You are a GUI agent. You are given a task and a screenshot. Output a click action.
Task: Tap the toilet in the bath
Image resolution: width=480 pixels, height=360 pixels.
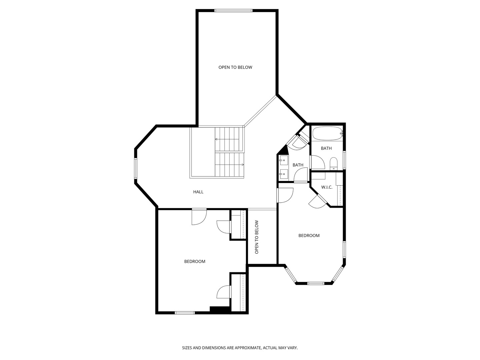(x=333, y=163)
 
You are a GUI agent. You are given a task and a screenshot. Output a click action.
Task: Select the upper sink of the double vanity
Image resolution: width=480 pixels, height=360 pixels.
(x=284, y=160)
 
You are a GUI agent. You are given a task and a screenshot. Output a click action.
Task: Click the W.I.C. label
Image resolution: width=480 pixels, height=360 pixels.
(x=327, y=187)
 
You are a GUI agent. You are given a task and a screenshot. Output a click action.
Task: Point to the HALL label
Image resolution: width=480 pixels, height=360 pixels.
(x=198, y=192)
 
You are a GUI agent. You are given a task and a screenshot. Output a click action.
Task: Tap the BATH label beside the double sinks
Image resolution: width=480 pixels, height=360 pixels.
(x=298, y=165)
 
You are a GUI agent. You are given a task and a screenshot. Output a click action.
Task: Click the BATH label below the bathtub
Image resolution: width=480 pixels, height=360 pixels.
(x=326, y=148)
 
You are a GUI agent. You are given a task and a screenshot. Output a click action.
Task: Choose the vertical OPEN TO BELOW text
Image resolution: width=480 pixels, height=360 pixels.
(x=257, y=237)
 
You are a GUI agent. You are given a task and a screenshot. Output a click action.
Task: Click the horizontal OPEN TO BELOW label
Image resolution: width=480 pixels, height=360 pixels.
(x=235, y=67)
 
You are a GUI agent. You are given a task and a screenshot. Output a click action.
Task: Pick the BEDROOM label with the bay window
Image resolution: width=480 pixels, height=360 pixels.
(x=309, y=236)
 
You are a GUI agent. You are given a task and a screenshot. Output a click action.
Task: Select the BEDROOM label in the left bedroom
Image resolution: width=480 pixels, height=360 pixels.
(x=195, y=262)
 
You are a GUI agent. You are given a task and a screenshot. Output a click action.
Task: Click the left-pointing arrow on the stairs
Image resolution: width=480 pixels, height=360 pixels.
(x=217, y=139)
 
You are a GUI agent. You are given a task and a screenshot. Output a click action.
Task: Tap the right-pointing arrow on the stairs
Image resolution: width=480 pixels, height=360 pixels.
(x=242, y=165)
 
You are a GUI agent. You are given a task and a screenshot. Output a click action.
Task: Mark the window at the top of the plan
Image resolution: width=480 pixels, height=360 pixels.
(x=233, y=11)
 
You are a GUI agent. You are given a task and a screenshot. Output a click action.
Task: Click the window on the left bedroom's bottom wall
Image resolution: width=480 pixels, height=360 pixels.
(x=185, y=313)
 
